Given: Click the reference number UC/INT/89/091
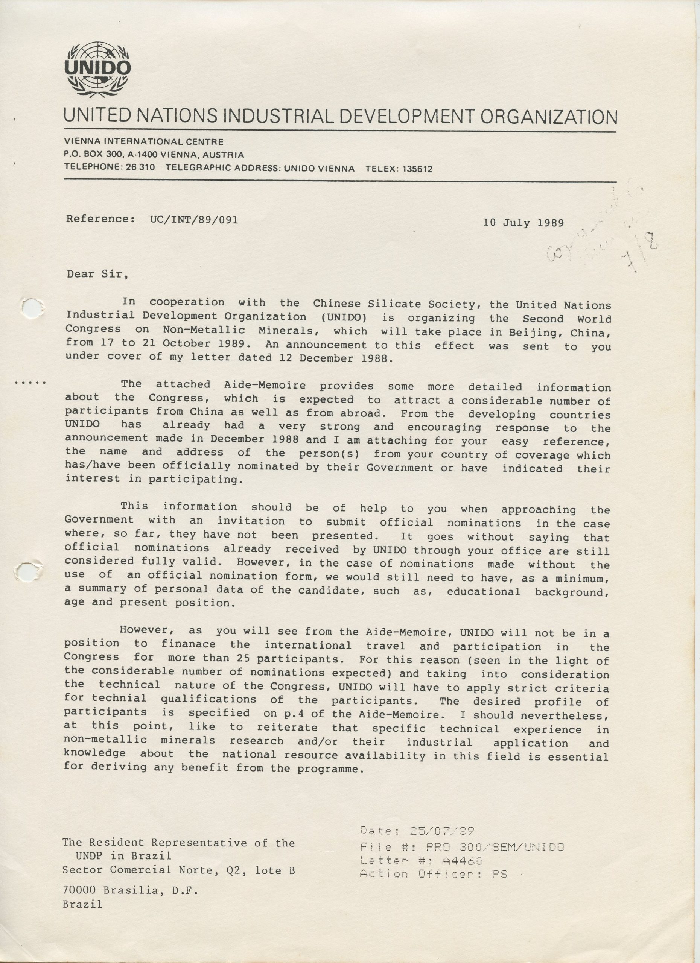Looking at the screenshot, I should pyautogui.click(x=194, y=220).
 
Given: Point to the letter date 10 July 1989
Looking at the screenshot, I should pyautogui.click(x=523, y=222).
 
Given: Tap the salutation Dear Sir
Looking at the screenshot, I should pyautogui.click(x=97, y=274).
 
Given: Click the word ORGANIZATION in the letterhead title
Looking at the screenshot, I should pyautogui.click(x=548, y=116).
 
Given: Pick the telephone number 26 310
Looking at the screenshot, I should pyautogui.click(x=140, y=167).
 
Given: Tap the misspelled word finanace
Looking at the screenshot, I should pyautogui.click(x=188, y=644).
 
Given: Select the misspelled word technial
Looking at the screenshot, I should pyautogui.click(x=119, y=698).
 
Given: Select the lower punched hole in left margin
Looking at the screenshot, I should pyautogui.click(x=28, y=571).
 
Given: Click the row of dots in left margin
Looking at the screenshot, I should pyautogui.click(x=30, y=383).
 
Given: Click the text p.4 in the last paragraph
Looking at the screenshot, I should pyautogui.click(x=290, y=714).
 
